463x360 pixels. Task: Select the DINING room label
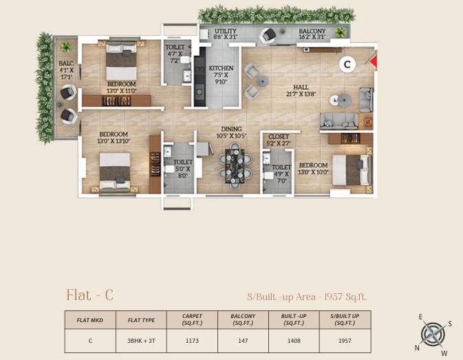pyautogui.click(x=231, y=132)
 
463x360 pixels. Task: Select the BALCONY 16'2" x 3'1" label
pyautogui.click(x=312, y=34)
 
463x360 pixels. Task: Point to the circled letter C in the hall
pyautogui.click(x=347, y=64)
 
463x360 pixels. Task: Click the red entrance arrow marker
pyautogui.click(x=374, y=63)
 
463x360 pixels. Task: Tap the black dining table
pyautogui.click(x=231, y=165)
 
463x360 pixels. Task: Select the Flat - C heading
pyautogui.click(x=89, y=296)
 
